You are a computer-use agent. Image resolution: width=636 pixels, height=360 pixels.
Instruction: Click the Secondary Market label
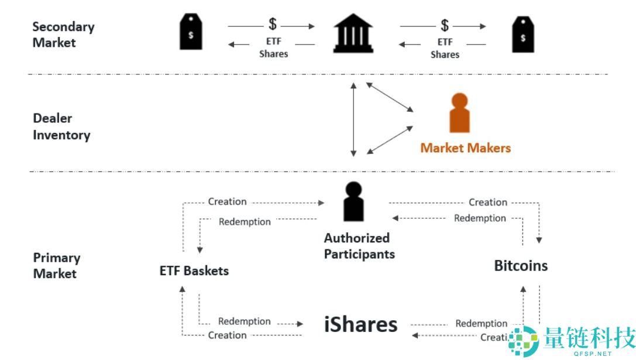pos(63,35)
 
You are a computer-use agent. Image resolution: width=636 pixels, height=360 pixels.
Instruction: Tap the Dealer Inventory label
pos(61,126)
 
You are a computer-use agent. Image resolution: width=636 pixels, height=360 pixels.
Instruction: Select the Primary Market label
pos(56,265)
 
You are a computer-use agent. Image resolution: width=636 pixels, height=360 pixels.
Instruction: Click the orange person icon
pos(459,113)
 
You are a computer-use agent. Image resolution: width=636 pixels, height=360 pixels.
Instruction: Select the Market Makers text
pos(465,148)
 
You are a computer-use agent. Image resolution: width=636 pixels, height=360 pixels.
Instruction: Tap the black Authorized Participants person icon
pos(353,202)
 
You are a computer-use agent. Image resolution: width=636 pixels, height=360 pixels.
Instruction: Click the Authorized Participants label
pos(359,246)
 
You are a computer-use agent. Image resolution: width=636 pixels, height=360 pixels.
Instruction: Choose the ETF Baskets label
pos(194,271)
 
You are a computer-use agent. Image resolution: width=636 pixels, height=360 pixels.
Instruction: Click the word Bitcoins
pos(521,266)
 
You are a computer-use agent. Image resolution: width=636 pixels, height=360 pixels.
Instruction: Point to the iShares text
pos(361,325)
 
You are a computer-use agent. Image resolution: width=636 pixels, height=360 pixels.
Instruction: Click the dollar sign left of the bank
pos(273,24)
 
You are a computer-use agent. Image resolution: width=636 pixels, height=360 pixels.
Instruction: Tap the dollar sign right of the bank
pos(445,25)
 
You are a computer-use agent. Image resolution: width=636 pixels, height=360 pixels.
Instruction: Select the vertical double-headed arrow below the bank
pos(353,119)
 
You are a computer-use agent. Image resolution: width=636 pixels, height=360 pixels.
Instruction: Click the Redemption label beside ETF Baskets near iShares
pos(244,321)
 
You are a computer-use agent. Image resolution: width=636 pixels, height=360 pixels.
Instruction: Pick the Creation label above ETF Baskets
pos(227,201)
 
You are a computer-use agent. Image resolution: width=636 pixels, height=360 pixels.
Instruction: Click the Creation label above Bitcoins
pos(487,202)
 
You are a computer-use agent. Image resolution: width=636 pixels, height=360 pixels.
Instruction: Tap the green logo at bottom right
pos(522,340)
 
